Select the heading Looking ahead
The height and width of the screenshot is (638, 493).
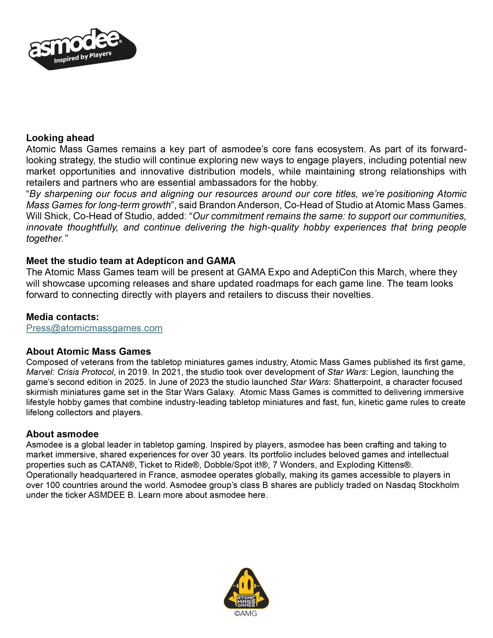(x=60, y=138)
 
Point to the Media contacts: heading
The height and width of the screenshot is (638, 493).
(x=62, y=317)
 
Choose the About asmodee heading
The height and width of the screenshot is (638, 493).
(x=62, y=434)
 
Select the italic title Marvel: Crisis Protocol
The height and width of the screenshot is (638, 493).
(x=70, y=372)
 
